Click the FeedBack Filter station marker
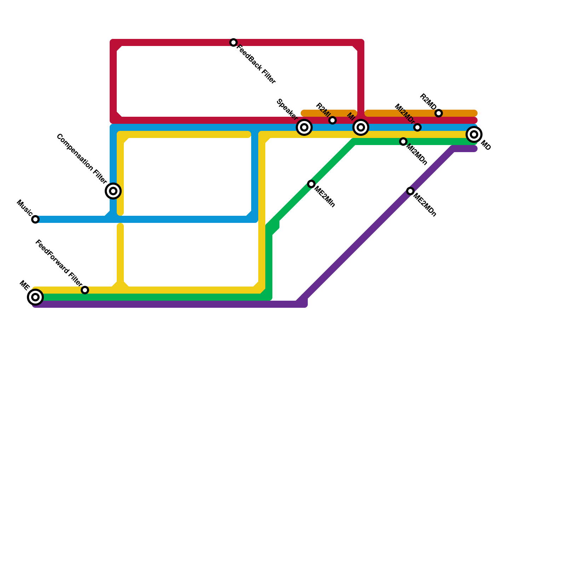pos(233,42)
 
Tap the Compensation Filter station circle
pos(113,191)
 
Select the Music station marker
pos(35,219)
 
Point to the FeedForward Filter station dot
pos(85,290)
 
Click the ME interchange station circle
pos(35,297)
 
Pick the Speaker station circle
pos(304,127)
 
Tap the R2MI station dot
pos(333,120)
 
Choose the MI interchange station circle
pos(361,127)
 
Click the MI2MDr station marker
pos(417,127)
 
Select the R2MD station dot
pos(439,113)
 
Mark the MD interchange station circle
pos(474,134)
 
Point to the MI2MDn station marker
pos(403,141)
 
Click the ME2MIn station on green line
pos(311,184)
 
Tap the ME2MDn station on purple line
pos(410,191)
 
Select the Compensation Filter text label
pos(81,159)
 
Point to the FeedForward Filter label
pos(59,264)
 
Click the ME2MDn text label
pos(425,205)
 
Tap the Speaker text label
pos(287,110)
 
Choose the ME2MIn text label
pos(325,196)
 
